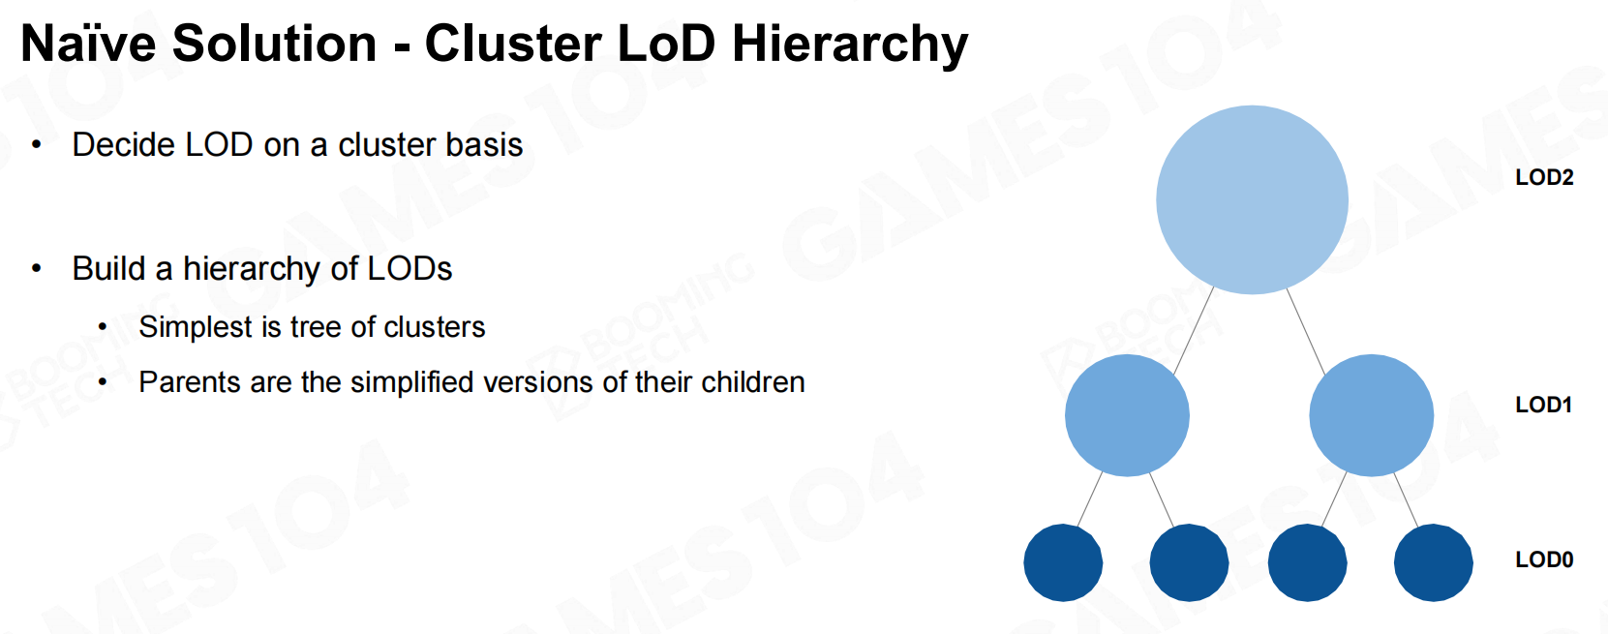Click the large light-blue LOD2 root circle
pos(1252,199)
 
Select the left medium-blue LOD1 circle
pos(1127,415)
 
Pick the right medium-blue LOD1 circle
pos(1371,415)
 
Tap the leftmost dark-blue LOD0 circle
pos(1063,562)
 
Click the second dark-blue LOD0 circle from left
pos(1189,562)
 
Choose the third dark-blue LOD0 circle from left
pos(1307,562)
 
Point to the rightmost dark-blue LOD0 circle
pos(1434,562)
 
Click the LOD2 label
pos(1544,177)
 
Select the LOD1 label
pos(1543,405)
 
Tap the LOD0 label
pos(1544,559)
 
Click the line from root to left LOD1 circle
pos(1193,330)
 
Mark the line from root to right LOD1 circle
pos(1306,331)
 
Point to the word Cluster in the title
pos(512,44)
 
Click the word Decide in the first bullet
pos(123,144)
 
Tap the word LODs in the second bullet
pos(410,268)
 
